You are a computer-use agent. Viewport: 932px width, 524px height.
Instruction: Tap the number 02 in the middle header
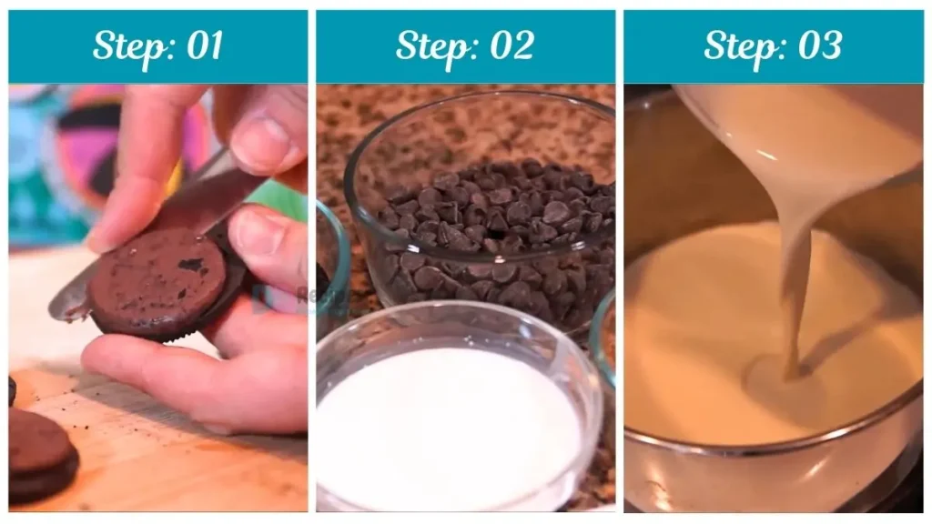tap(512, 46)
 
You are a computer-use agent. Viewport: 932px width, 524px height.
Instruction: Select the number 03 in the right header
tap(819, 46)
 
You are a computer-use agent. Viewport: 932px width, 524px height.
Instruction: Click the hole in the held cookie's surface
tap(191, 265)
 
